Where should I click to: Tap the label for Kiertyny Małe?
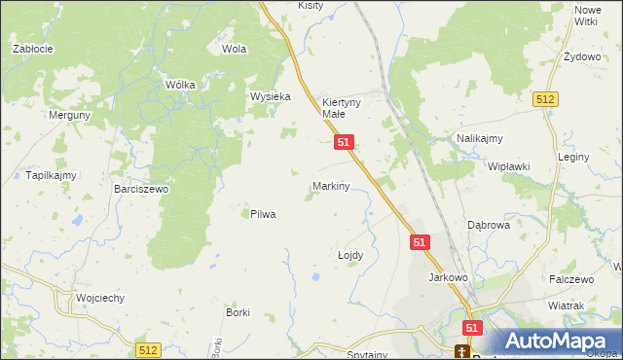pyautogui.click(x=342, y=107)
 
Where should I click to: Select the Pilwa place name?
pyautogui.click(x=263, y=214)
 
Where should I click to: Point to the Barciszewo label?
pyautogui.click(x=141, y=189)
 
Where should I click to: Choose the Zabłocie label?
pyautogui.click(x=31, y=48)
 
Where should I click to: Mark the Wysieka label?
pyautogui.click(x=271, y=96)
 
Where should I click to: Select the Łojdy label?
pyautogui.click(x=349, y=255)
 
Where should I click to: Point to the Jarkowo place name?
pyautogui.click(x=449, y=277)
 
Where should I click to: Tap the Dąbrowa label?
pyautogui.click(x=489, y=224)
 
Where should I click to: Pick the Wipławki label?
pyautogui.click(x=508, y=166)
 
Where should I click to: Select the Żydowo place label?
pyautogui.click(x=582, y=56)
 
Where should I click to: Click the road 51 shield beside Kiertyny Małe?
pyautogui.click(x=343, y=142)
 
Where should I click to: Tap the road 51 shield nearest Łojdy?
pyautogui.click(x=420, y=241)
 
